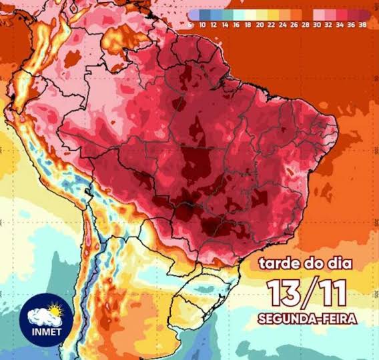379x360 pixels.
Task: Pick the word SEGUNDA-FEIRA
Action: coord(307,319)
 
